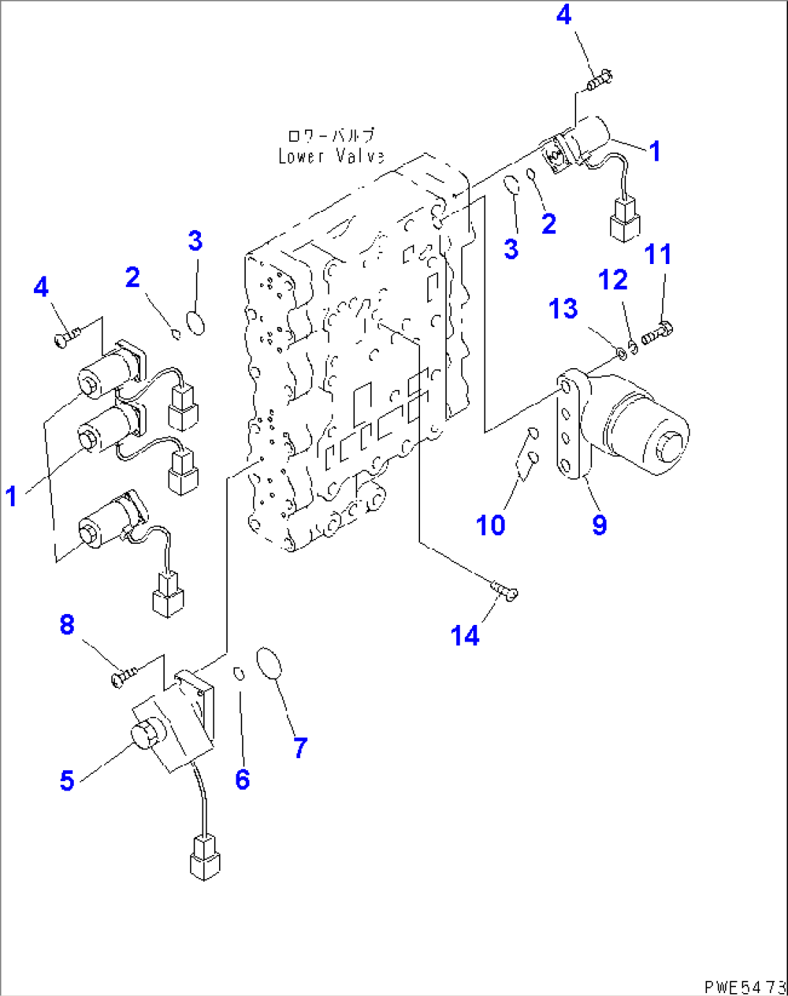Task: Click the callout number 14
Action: point(464,636)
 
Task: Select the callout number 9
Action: point(599,524)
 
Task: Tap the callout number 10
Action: point(490,524)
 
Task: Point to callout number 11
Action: point(658,254)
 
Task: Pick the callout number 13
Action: point(563,308)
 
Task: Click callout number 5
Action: point(67,780)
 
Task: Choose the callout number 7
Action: point(301,747)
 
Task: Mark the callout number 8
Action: point(67,623)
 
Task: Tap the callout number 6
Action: point(242,779)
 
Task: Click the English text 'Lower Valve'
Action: point(331,156)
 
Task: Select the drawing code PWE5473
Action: point(745,987)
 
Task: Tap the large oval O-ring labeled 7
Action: point(269,664)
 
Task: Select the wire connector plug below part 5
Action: point(204,858)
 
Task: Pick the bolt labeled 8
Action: point(124,678)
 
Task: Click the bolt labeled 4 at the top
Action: point(600,79)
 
